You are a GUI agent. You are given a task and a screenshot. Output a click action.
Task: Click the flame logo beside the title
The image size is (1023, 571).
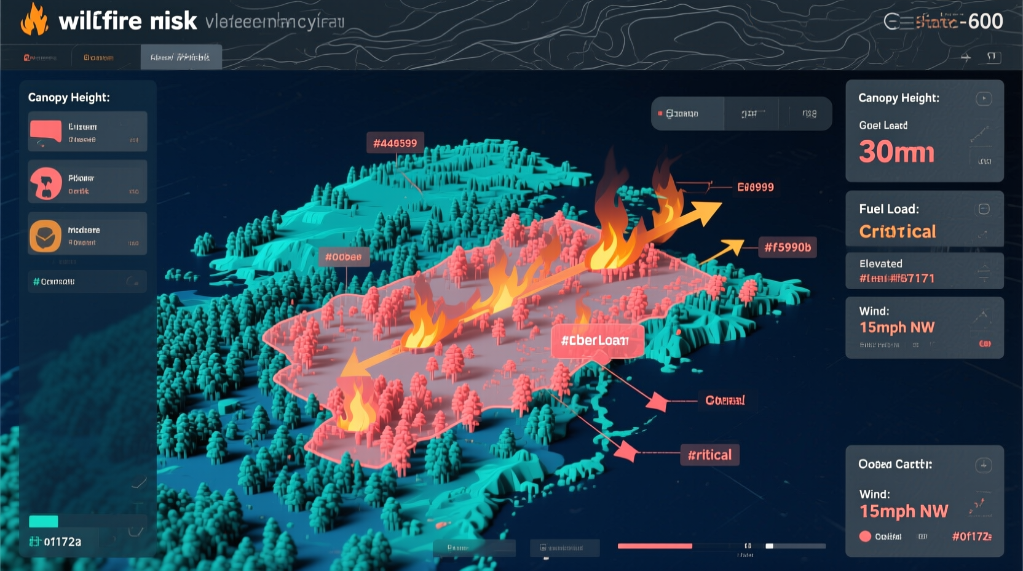[34, 20]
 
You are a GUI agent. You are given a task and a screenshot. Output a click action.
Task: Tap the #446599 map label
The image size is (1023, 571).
[395, 143]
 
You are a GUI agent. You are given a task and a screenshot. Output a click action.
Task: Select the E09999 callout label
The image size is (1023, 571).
[756, 187]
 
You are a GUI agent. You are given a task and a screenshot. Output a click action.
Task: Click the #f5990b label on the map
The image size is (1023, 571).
[788, 247]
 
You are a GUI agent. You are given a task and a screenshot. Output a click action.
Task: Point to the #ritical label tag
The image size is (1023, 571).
[709, 455]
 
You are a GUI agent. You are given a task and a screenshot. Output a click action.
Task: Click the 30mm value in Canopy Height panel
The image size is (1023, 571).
[896, 151]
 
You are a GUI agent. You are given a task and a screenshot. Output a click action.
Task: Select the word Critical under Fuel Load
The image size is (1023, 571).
[897, 231]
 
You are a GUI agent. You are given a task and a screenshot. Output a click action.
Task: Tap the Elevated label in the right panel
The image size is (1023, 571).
[880, 263]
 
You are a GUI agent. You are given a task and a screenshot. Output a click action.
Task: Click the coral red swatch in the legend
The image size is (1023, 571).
[45, 130]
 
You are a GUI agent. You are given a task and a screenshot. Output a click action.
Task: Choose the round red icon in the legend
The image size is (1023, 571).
[46, 183]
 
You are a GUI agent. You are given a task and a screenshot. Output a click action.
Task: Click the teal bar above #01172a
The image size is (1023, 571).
[44, 522]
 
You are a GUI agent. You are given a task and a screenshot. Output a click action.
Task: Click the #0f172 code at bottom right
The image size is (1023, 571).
[971, 537]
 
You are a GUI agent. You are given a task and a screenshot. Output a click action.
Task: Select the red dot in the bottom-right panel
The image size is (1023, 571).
[865, 537]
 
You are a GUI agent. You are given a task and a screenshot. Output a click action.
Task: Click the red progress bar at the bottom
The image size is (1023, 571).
[655, 546]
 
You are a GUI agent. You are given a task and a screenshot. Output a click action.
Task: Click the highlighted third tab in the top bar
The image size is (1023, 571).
[181, 57]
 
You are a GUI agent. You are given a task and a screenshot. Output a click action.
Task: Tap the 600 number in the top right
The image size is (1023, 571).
[985, 22]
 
